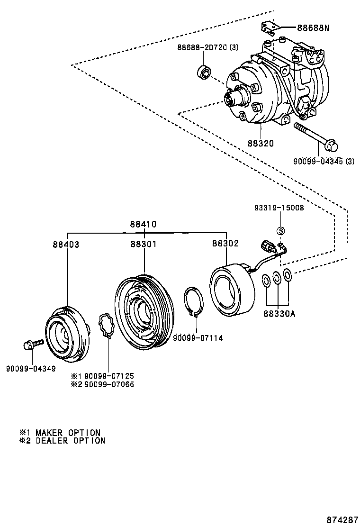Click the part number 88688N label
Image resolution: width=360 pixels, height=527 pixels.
pos(313,28)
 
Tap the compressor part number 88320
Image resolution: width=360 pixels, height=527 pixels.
pos(260,143)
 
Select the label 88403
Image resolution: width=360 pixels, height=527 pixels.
pos(66,244)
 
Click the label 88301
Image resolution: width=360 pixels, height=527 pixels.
pos(144,244)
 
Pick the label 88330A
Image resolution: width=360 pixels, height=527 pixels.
pos(279,314)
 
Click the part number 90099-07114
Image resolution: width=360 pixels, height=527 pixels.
pos(198,338)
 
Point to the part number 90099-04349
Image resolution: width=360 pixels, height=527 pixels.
pos(31,368)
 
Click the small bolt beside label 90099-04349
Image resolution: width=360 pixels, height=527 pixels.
pos(32,344)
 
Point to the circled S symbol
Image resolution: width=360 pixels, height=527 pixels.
pos(280,231)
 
